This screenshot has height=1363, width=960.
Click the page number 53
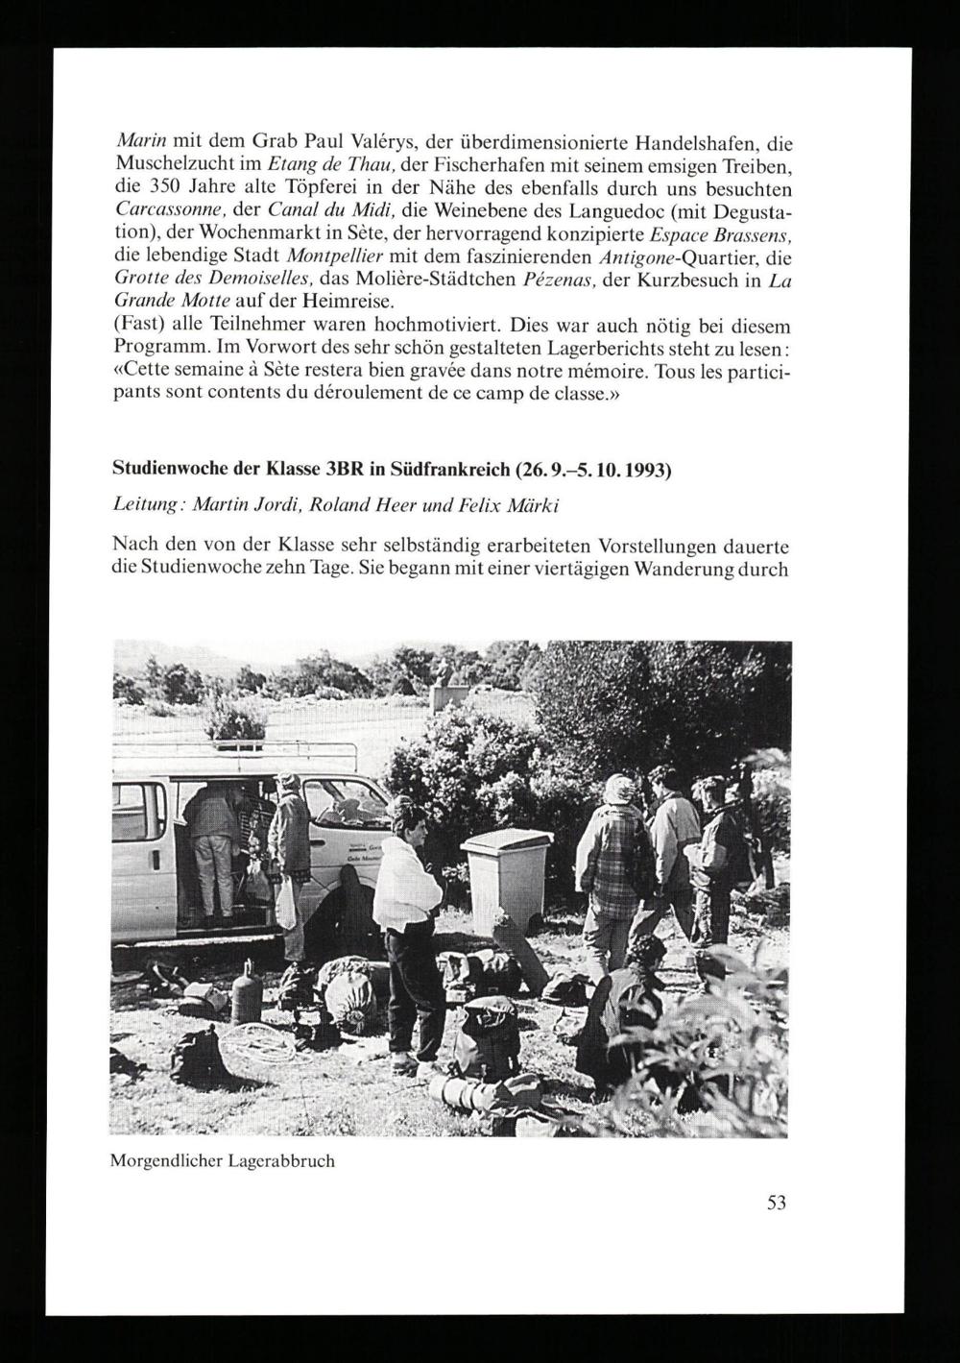(777, 1202)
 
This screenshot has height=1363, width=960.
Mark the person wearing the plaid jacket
(611, 864)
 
